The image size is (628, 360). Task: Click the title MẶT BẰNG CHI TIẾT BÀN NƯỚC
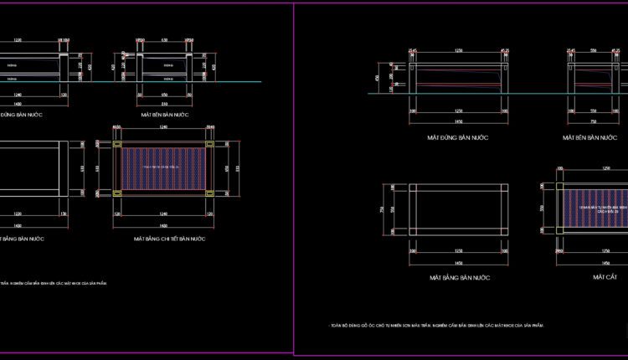point(169,239)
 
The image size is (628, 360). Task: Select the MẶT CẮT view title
point(605,276)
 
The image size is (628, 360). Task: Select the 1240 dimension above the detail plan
point(163,126)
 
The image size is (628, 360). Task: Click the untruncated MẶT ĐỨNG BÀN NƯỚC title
point(458,137)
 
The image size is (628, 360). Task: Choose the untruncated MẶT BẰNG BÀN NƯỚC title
point(459,277)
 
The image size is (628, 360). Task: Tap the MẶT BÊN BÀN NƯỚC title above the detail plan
point(165,114)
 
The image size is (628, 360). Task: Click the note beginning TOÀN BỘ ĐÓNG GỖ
point(437,325)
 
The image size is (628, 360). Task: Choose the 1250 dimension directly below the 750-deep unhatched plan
point(458,250)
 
